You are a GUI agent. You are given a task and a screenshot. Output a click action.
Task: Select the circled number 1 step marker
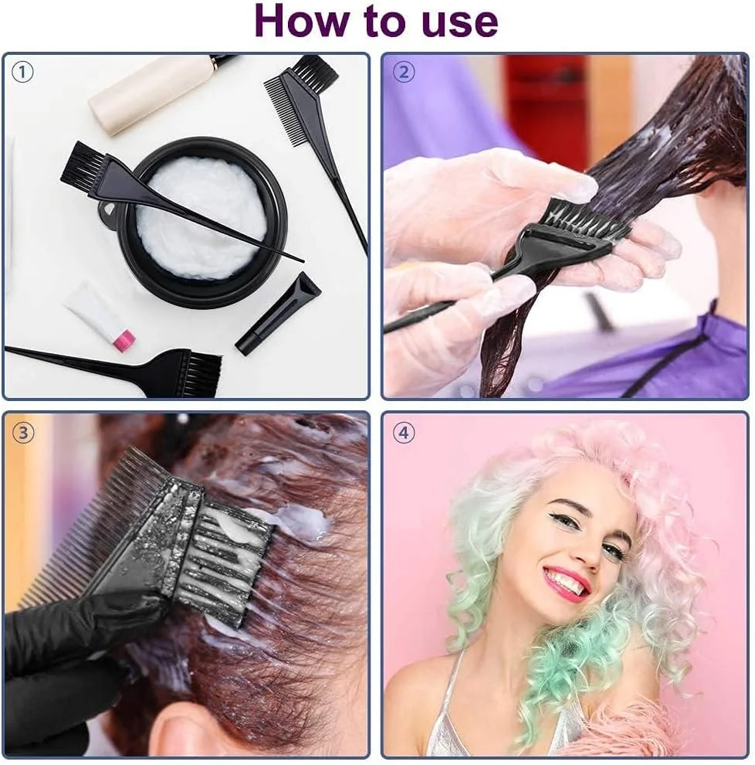coord(22,73)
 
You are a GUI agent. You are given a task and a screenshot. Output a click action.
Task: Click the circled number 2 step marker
coord(404,72)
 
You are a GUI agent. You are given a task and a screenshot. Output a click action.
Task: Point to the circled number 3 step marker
coord(23,433)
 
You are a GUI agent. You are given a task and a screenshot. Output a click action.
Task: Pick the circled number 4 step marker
coord(404,433)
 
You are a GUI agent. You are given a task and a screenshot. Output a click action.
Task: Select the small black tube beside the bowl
coord(279,313)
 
